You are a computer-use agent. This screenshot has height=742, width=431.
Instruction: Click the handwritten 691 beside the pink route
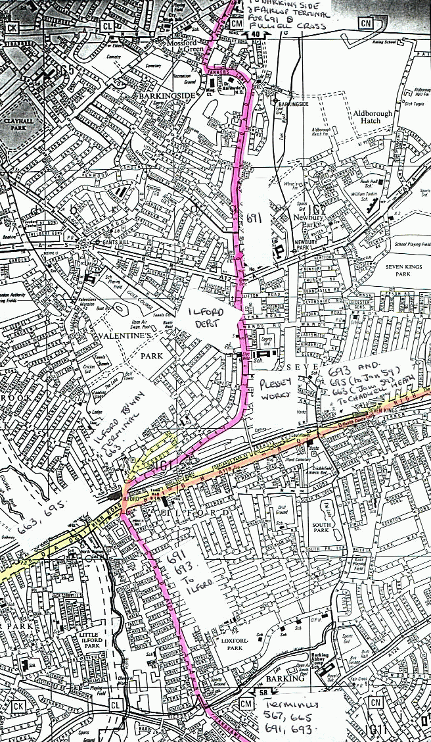[254, 218]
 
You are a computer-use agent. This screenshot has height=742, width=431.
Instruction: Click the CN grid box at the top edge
[365, 24]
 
